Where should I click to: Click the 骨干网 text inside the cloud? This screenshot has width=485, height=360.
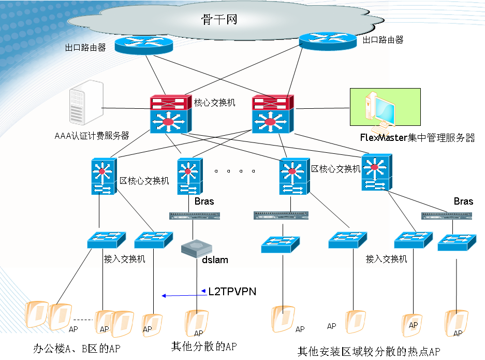[219, 20]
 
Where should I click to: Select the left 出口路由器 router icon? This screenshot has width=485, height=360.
[143, 45]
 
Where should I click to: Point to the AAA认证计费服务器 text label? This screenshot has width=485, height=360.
[92, 136]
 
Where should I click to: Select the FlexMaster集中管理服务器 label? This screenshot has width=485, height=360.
[417, 138]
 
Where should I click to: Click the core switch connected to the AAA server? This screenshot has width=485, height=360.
[170, 114]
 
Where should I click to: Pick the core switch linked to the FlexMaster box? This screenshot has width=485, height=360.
[272, 114]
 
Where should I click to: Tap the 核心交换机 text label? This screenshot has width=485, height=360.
[214, 103]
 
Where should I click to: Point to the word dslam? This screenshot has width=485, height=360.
[215, 260]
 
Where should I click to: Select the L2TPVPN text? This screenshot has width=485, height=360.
[232, 292]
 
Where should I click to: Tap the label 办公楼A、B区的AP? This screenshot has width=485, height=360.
[77, 348]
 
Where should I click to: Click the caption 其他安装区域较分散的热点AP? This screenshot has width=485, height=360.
[369, 351]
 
